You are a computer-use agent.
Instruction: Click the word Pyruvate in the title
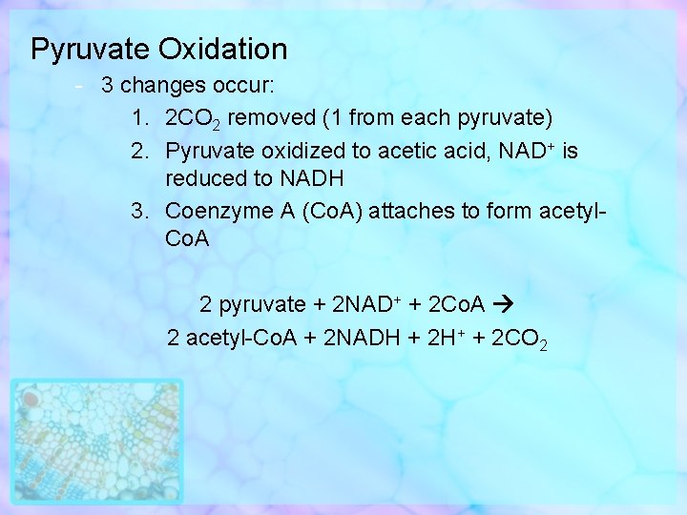[x=91, y=49]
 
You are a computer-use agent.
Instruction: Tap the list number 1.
[x=138, y=118]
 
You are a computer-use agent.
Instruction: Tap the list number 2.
[x=138, y=151]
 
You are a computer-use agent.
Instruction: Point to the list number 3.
[x=138, y=211]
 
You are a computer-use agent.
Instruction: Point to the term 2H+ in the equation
[x=442, y=338]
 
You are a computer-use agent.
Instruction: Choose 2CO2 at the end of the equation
[x=518, y=339]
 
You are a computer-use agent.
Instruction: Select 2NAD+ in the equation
[x=365, y=305]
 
